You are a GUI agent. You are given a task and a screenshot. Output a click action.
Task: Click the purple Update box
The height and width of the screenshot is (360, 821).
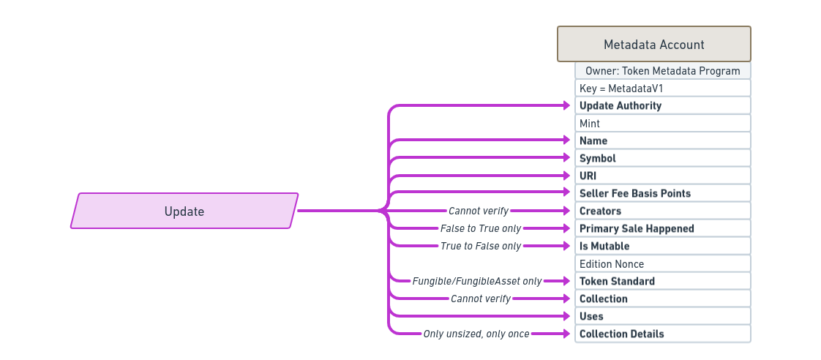tap(184, 211)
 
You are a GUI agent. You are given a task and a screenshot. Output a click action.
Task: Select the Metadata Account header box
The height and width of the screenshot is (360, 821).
tap(654, 44)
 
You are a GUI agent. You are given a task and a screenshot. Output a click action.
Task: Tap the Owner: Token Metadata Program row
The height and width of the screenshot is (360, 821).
tap(663, 71)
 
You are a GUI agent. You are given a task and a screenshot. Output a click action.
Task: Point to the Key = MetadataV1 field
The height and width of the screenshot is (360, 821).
tap(663, 88)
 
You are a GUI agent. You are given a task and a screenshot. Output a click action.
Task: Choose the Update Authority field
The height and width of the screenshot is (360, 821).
tap(663, 105)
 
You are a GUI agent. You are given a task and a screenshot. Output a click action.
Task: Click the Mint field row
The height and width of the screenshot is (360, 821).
tap(663, 123)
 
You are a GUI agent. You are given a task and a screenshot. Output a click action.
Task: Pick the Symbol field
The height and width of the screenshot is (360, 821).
tap(663, 158)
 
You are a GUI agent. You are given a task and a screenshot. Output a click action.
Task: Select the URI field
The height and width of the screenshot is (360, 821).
tap(663, 176)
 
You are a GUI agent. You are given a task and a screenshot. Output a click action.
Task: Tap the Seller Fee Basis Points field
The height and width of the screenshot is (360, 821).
tap(663, 193)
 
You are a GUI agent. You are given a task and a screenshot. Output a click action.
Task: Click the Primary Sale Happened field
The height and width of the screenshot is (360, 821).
tap(663, 228)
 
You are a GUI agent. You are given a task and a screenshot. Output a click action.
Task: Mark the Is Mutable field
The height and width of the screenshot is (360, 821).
tap(663, 246)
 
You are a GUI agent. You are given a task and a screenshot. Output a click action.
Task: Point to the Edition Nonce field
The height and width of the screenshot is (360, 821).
tap(663, 263)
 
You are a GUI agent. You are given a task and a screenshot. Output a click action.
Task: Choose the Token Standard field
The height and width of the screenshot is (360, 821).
tap(663, 281)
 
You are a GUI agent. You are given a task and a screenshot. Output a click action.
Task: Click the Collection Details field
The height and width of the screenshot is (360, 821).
tap(663, 334)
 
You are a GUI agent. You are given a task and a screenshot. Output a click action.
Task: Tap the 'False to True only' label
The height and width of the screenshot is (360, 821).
tap(481, 228)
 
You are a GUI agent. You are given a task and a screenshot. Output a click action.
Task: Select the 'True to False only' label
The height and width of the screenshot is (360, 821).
tap(481, 246)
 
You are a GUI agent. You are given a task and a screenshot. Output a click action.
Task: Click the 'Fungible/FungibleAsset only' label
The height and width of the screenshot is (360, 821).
tap(477, 281)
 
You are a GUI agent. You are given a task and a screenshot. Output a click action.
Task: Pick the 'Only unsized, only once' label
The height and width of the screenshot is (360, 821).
tap(476, 334)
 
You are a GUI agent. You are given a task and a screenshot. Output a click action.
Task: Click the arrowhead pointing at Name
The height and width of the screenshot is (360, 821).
tap(566, 140)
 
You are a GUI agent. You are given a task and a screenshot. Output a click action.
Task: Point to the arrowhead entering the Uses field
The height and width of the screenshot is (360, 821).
tap(566, 316)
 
